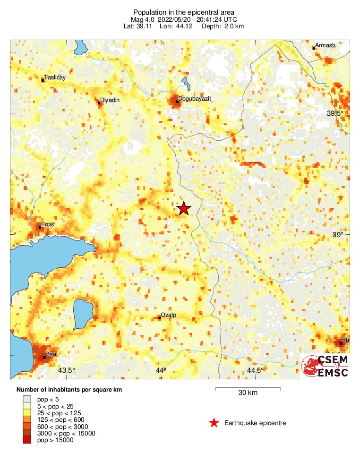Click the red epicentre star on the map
coord(184,208)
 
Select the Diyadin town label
coord(109,101)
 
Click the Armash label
coord(325,45)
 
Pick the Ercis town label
coord(48,224)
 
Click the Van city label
coord(50,354)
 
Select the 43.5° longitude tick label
coord(66,370)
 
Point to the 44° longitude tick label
coord(161,370)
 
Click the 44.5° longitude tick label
coord(256,370)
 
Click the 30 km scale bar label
coord(248,393)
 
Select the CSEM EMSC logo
coord(326,366)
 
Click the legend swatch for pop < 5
coord(27,399)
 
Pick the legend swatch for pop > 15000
coord(27,440)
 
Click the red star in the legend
coord(214,423)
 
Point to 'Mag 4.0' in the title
coord(145,19)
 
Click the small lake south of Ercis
coord(84,314)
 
